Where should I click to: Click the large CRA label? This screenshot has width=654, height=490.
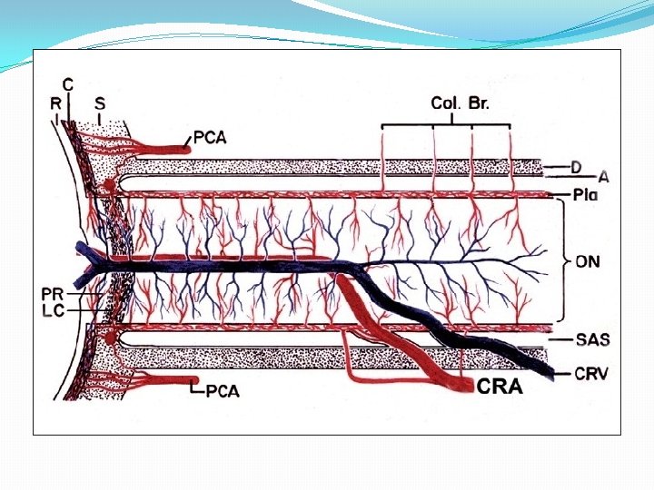pyautogui.click(x=500, y=387)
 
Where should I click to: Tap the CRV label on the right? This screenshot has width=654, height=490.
pyautogui.click(x=592, y=372)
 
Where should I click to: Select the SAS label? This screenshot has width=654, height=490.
pyautogui.click(x=592, y=339)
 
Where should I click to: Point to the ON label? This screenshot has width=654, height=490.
pyautogui.click(x=588, y=261)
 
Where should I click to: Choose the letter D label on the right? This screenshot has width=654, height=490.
pyautogui.click(x=576, y=166)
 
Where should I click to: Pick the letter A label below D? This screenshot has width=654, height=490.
pyautogui.click(x=603, y=177)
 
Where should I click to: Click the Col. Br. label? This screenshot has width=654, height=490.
pyautogui.click(x=460, y=103)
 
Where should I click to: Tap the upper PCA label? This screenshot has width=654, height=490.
pyautogui.click(x=209, y=138)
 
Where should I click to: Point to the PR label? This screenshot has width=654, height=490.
pyautogui.click(x=52, y=293)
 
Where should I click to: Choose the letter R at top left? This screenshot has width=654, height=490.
pyautogui.click(x=55, y=103)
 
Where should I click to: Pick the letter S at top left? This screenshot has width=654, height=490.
pyautogui.click(x=99, y=103)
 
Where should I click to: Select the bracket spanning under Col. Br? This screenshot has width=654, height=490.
pyautogui.click(x=445, y=125)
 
